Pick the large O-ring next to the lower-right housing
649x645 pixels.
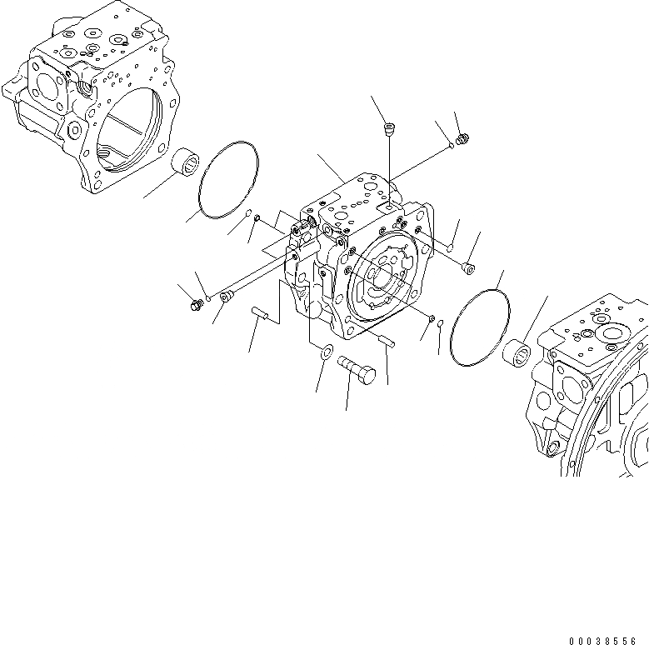pyautogui.click(x=479, y=326)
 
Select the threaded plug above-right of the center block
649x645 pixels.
pyautogui.click(x=464, y=139)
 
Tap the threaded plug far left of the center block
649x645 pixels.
pyautogui.click(x=197, y=304)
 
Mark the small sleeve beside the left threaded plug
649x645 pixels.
pyautogui.click(x=227, y=297)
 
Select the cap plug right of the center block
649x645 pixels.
pyautogui.click(x=468, y=267)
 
